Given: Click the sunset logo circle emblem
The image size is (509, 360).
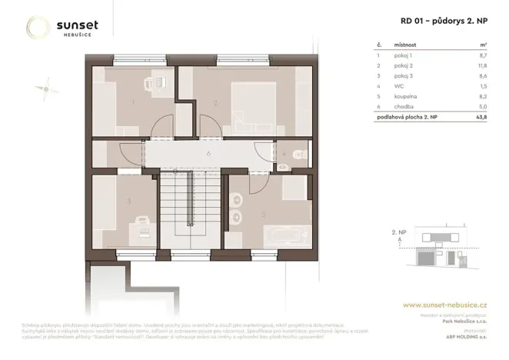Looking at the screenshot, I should pyautogui.click(x=38, y=28).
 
